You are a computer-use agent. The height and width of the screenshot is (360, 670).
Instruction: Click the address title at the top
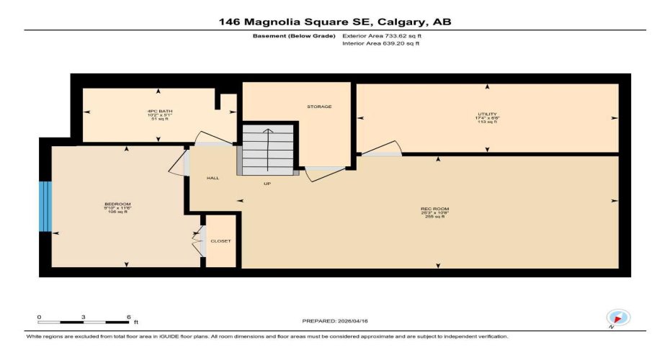[x=335, y=22]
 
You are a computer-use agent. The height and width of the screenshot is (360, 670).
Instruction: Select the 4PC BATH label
[x=159, y=111]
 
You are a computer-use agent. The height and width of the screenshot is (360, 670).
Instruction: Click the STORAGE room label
[x=319, y=107]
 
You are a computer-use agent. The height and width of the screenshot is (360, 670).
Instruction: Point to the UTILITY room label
[x=487, y=114]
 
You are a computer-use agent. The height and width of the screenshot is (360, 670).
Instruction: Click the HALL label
[x=213, y=178]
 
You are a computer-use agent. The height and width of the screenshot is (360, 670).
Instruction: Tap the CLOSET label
[x=220, y=241]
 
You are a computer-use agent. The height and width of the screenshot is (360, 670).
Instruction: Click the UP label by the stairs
[x=267, y=184]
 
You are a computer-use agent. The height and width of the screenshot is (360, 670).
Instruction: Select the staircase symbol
[x=268, y=150]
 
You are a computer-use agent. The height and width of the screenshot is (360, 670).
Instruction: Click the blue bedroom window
[x=46, y=207]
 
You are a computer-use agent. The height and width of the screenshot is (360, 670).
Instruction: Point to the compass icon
[x=618, y=318]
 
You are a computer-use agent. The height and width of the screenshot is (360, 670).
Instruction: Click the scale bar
[x=83, y=320]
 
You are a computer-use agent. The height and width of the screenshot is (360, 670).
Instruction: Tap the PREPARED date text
[x=335, y=320]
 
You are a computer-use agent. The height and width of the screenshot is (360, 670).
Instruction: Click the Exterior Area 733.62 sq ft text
[x=380, y=35]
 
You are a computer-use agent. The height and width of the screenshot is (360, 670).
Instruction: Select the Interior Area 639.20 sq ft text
[x=380, y=43]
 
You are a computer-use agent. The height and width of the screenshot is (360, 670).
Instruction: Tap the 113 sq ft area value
[x=487, y=122]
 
